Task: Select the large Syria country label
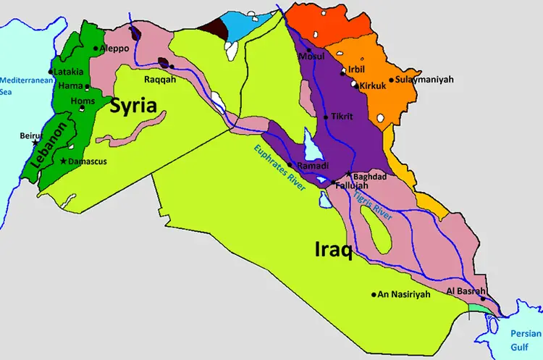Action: [133, 106]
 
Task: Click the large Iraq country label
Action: [333, 251]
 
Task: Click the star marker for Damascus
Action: [64, 161]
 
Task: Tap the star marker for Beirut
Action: [35, 143]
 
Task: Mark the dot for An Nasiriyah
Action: [374, 295]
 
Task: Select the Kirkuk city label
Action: [373, 85]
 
